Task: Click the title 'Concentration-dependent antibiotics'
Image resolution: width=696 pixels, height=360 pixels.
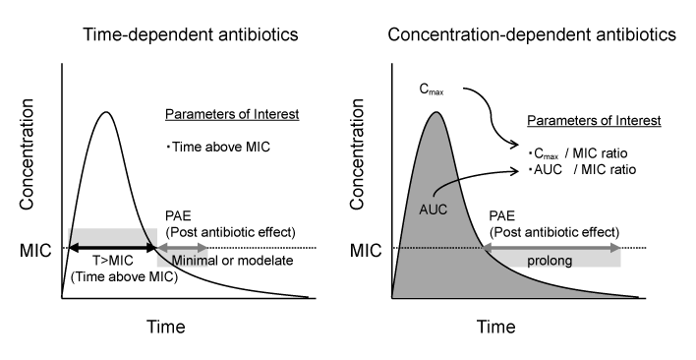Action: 531,34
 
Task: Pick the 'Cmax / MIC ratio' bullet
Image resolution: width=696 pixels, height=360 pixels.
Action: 577,153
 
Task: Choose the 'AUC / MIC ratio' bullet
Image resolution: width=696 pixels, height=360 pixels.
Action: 577,169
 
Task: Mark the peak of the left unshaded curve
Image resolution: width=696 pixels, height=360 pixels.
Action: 105,111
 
